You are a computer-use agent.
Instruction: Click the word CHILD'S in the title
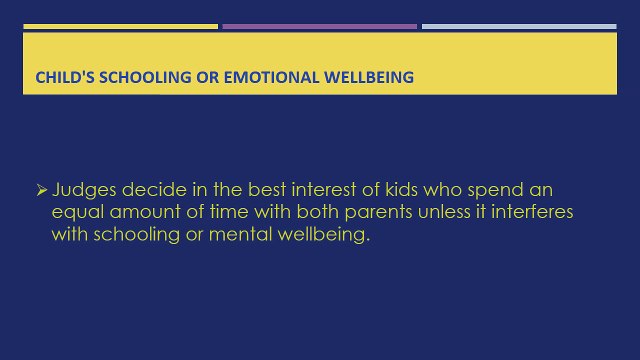[65, 77]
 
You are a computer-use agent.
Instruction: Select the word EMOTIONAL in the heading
[271, 77]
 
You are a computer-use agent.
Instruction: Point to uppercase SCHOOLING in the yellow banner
[145, 77]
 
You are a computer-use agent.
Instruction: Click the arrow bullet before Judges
[42, 190]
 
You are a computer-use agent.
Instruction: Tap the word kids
[401, 190]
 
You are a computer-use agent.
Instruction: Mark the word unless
[444, 212]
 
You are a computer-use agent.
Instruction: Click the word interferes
[532, 212]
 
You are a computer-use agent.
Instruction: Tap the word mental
[240, 234]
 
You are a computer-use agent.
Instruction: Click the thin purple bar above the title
[320, 27]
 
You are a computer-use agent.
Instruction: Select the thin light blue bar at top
[519, 27]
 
